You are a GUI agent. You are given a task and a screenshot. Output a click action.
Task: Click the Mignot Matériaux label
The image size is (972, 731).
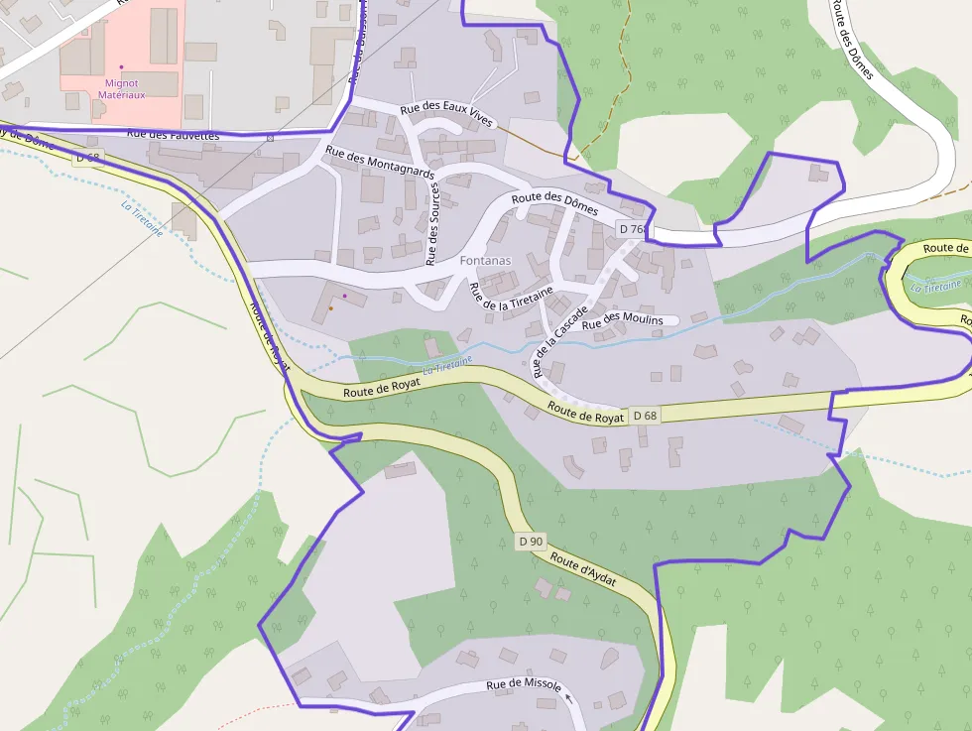[x=121, y=89]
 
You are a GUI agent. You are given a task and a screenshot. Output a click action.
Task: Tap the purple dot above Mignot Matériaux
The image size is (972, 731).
[x=122, y=67]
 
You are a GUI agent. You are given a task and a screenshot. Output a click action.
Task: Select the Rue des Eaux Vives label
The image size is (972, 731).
[x=446, y=115]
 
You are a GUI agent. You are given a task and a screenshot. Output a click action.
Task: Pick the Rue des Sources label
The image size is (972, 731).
[x=432, y=224]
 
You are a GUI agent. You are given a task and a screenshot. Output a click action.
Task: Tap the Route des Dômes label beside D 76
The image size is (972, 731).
[x=555, y=204]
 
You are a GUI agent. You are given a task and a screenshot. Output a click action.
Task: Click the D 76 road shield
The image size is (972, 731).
[x=631, y=229]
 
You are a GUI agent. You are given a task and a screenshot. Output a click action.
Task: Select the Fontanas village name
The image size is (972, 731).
[x=486, y=260]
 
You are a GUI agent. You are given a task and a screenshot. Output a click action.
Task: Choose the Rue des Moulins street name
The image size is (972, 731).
[x=622, y=319]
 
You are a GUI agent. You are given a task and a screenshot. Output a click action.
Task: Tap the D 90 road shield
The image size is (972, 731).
[x=531, y=542]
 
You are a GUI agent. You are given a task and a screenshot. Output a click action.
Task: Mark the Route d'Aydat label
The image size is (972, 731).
[x=584, y=570]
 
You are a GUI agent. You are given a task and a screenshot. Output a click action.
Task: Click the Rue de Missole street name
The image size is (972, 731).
[x=524, y=685]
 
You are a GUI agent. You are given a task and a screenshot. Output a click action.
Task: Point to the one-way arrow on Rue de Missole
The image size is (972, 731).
[x=568, y=697]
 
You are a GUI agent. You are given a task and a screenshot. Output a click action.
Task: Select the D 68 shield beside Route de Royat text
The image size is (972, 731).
[x=645, y=415]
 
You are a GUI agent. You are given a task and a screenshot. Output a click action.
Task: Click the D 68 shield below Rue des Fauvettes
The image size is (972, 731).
[x=87, y=158]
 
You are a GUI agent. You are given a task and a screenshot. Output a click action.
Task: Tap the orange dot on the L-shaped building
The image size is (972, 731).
[x=330, y=307]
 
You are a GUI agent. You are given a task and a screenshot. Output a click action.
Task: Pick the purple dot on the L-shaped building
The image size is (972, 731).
[x=344, y=296]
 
